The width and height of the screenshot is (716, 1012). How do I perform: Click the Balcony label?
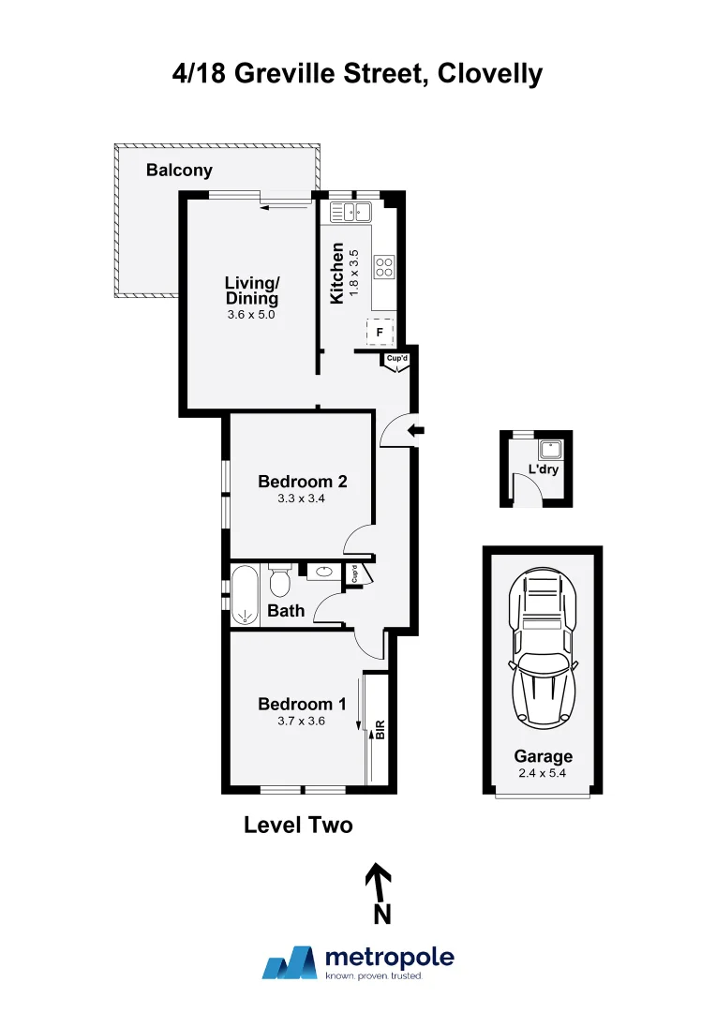179,171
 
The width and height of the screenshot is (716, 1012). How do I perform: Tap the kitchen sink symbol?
351,213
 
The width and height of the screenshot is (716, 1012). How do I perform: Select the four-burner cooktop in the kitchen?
384,266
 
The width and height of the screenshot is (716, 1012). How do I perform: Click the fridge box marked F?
380,332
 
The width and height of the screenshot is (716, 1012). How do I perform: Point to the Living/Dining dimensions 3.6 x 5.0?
251,316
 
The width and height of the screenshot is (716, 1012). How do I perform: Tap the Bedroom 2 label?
303,482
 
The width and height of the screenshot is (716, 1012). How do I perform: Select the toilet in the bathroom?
279,581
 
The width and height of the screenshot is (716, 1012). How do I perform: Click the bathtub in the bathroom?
245,595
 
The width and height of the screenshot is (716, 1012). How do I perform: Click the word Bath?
286,611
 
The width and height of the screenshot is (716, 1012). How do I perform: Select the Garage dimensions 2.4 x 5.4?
543,773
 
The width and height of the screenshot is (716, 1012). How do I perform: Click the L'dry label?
543,469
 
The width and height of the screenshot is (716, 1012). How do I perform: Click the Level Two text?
298,826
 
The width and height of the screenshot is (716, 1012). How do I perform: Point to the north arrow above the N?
378,880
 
